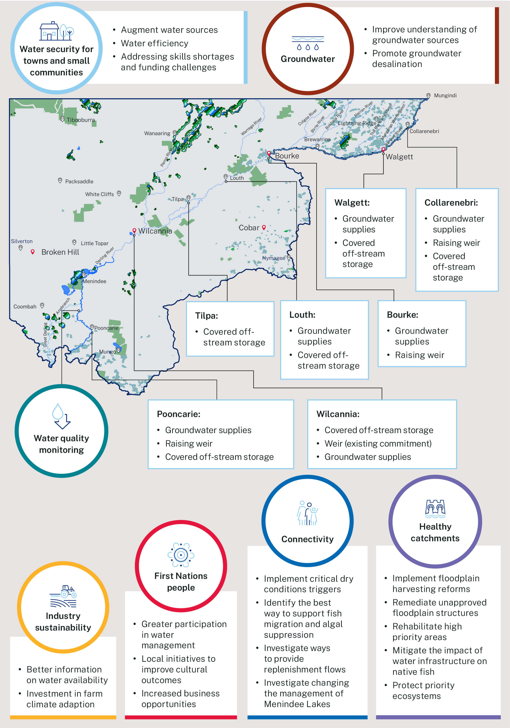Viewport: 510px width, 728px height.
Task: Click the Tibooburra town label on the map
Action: (80, 120)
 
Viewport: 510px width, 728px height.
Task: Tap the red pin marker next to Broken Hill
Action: (32, 252)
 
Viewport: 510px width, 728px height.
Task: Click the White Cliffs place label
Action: (99, 194)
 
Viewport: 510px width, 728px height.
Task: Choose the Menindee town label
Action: (94, 281)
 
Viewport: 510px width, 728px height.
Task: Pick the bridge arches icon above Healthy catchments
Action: (435, 507)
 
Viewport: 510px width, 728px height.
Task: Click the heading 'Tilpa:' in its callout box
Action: (207, 315)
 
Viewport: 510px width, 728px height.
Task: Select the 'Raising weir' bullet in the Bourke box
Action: (419, 355)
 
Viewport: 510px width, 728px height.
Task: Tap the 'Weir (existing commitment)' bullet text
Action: (378, 443)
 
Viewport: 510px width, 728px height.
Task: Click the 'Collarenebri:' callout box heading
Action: (451, 203)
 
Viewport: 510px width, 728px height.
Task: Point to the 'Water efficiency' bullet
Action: (154, 43)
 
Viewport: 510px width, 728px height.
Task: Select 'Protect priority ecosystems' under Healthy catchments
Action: (423, 690)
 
